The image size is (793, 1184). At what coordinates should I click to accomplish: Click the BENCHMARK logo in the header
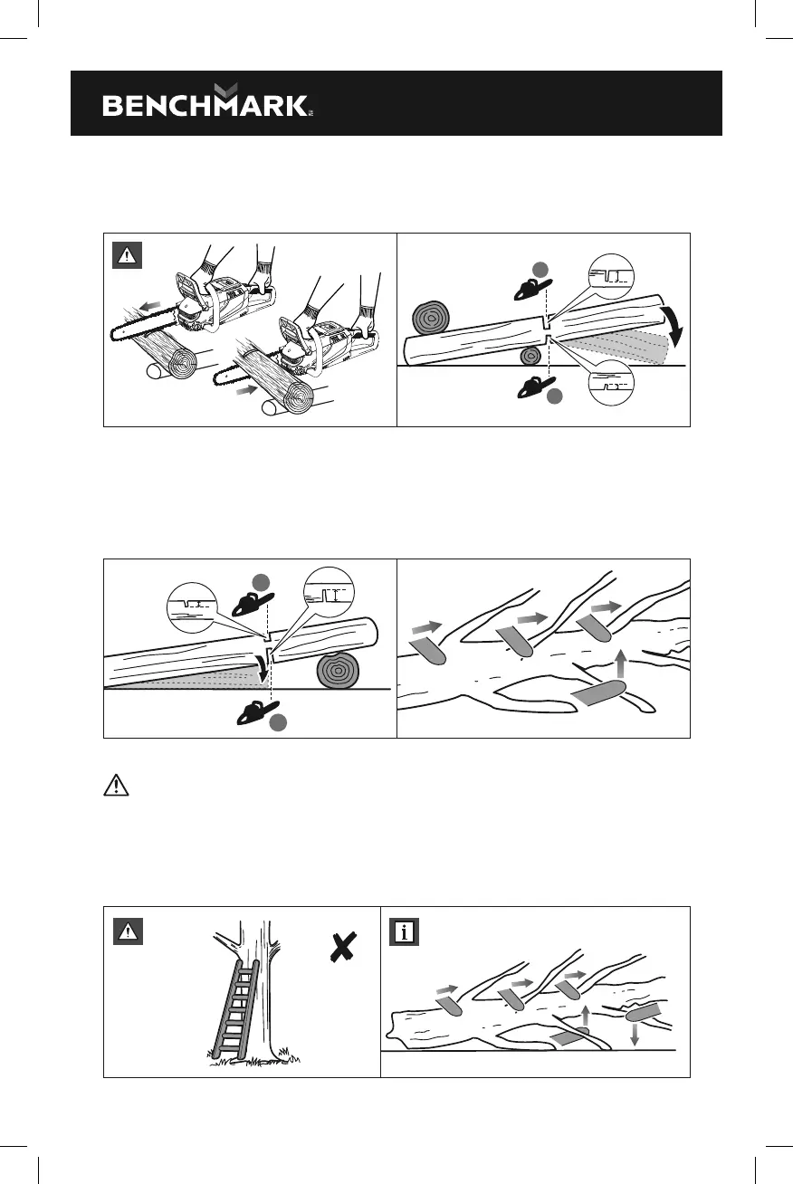[207, 102]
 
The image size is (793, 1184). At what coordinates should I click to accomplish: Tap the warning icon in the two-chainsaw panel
[128, 256]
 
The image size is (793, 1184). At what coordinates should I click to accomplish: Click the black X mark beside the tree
[342, 948]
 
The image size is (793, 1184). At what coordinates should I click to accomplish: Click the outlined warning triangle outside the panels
[117, 785]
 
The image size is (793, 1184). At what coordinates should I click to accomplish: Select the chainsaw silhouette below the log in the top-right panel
[535, 387]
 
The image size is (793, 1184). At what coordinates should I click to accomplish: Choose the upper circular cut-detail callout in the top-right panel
[611, 275]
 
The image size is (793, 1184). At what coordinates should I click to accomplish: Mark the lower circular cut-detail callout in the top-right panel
[611, 381]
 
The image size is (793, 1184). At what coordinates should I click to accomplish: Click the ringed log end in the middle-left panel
[338, 673]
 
